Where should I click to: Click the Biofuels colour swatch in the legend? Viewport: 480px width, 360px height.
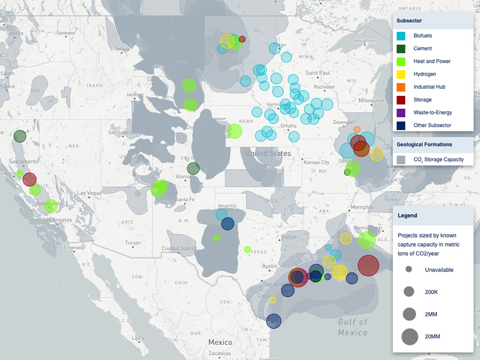[401, 36]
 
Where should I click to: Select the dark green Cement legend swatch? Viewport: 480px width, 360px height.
[401, 49]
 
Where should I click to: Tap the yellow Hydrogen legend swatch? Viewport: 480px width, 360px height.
[401, 74]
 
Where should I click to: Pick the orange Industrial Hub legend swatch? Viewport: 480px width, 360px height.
[401, 87]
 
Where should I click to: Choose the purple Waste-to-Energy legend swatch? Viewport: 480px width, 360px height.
[401, 113]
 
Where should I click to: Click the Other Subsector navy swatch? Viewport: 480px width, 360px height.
[401, 125]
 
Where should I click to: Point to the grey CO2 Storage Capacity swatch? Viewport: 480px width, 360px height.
[401, 159]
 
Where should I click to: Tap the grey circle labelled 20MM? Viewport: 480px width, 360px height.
[409, 336]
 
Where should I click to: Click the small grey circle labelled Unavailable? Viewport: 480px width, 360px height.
[409, 269]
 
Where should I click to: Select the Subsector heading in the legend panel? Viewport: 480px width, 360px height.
[410, 21]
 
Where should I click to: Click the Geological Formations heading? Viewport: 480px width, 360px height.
[424, 144]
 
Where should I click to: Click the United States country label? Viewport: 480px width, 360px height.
[268, 154]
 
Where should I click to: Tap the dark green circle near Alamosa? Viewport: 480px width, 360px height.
[194, 168]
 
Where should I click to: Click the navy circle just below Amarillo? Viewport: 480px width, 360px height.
[228, 224]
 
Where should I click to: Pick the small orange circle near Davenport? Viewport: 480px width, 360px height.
[357, 129]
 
